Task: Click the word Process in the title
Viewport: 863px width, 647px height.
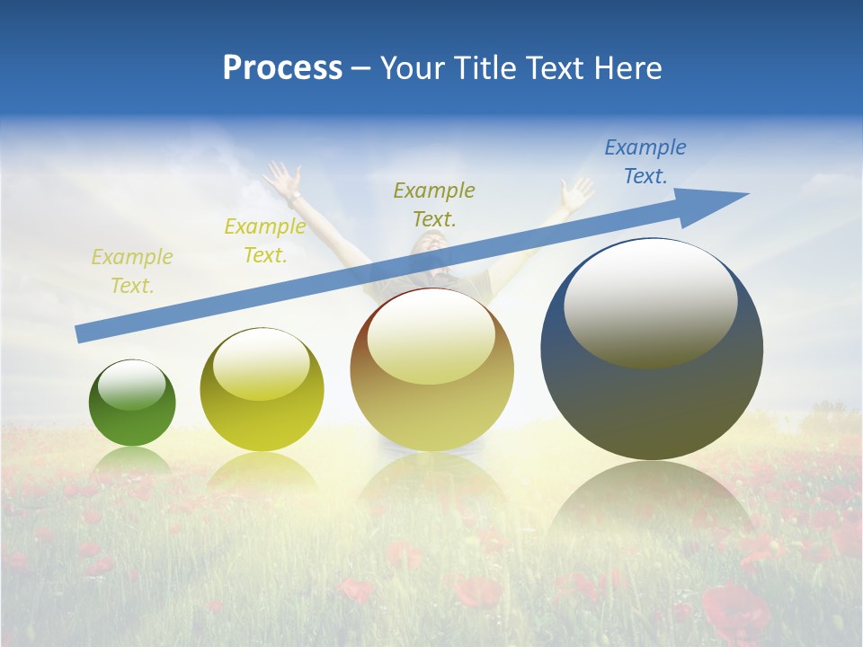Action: (x=282, y=68)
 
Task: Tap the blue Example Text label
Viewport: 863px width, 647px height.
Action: (x=645, y=162)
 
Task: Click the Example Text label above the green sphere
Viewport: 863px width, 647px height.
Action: (x=131, y=271)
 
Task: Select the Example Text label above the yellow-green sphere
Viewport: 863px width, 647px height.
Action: (x=264, y=241)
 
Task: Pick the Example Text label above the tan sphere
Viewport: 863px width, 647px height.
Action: (x=434, y=205)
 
